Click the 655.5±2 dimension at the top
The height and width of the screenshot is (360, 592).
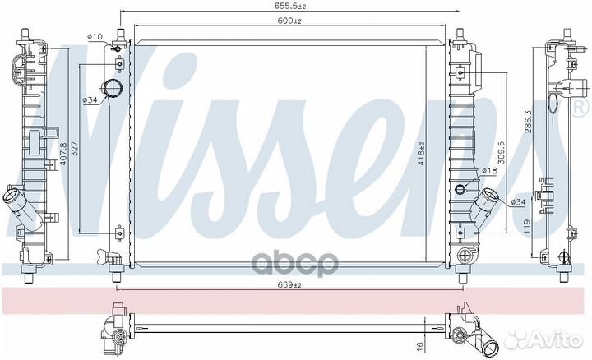289,6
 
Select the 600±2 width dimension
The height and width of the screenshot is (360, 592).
289,21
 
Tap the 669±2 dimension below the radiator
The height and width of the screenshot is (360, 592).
289,285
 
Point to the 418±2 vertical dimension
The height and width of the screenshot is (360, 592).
422,154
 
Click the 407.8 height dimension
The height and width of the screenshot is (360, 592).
63,155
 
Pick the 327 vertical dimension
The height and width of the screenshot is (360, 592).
74,148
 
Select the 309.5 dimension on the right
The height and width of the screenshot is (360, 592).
501,152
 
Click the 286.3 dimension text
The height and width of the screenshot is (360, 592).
528,122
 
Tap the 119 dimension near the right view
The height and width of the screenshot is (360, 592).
527,227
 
